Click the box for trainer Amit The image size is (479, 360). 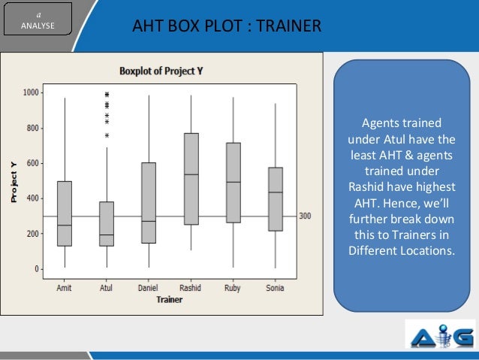(64, 213)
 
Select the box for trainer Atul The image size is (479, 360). (107, 223)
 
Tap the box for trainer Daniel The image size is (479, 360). (149, 203)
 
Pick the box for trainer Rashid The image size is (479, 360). (191, 179)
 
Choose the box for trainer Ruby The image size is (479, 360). (233, 183)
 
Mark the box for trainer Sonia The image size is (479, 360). (276, 199)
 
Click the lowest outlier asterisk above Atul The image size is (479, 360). (107, 136)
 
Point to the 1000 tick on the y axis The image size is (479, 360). (32, 92)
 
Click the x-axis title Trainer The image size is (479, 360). (169, 299)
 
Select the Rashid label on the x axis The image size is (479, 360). (191, 286)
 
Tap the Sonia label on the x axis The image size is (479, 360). (276, 286)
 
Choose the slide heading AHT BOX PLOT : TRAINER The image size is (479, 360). (226, 29)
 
